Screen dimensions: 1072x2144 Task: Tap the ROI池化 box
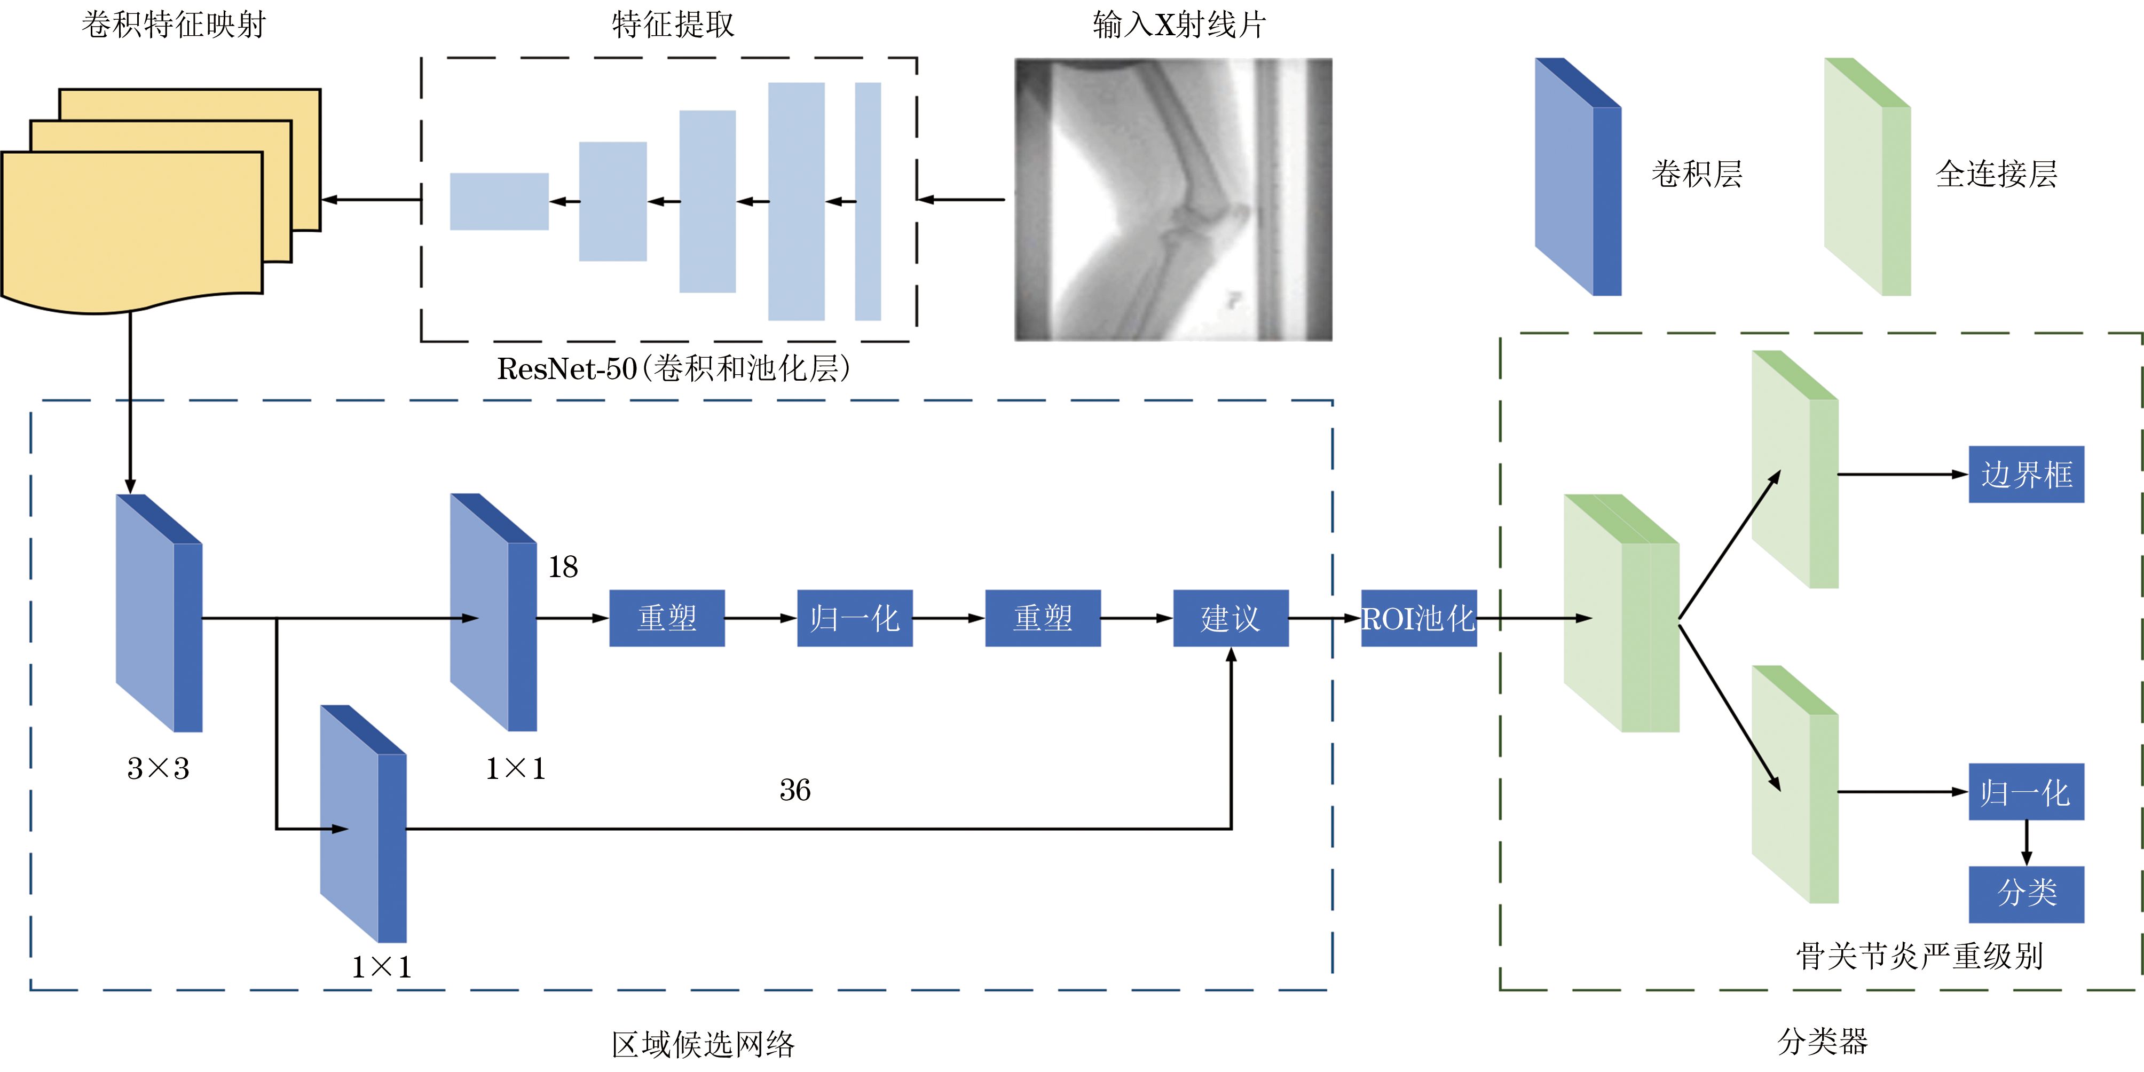(x=1418, y=618)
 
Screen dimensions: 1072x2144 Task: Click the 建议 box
(x=1230, y=618)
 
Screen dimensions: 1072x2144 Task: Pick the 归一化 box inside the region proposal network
(x=855, y=618)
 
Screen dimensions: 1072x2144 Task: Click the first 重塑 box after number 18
(x=667, y=618)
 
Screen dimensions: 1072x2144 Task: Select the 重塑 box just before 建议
(x=1042, y=618)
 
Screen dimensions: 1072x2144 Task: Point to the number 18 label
(x=563, y=567)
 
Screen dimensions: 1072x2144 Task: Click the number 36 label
(x=795, y=790)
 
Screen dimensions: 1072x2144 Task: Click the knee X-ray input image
(x=1173, y=200)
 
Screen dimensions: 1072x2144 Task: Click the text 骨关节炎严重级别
(x=1919, y=956)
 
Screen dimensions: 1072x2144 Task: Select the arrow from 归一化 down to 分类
(x=2026, y=843)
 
